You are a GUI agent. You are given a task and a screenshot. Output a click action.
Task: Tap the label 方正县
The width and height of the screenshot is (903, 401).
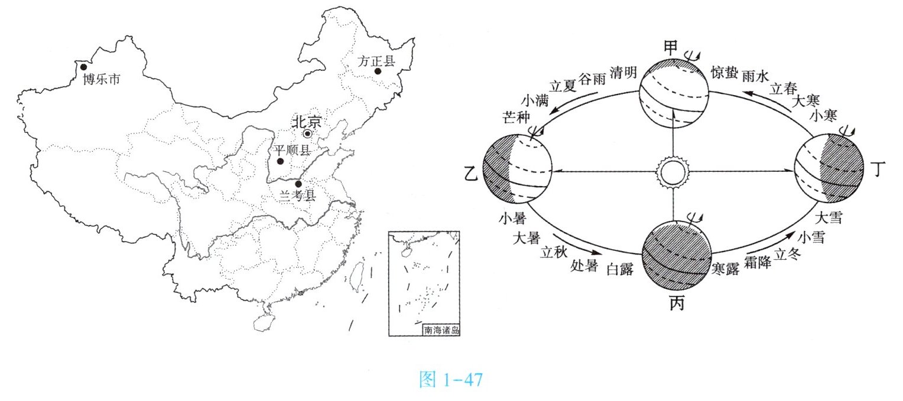coord(376,60)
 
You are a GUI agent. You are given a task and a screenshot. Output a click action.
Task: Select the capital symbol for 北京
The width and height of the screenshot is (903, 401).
coord(307,133)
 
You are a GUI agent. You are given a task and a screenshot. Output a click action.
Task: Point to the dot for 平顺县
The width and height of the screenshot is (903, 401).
coord(281,161)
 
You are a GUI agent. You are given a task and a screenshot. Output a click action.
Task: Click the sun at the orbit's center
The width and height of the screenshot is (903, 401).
coord(673,172)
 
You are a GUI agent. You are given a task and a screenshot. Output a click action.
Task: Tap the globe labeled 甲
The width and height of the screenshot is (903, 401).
coord(674,94)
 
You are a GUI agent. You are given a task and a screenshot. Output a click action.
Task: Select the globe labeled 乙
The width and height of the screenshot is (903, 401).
coord(518,169)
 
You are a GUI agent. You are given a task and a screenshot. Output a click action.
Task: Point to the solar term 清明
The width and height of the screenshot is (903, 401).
coord(623,73)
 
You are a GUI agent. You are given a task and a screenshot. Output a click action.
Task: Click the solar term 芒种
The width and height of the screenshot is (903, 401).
coord(514,115)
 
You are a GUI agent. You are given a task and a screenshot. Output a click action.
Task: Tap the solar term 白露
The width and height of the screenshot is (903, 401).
coord(621,270)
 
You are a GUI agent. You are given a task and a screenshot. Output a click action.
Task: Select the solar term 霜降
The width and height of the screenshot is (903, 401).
coord(758,264)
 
